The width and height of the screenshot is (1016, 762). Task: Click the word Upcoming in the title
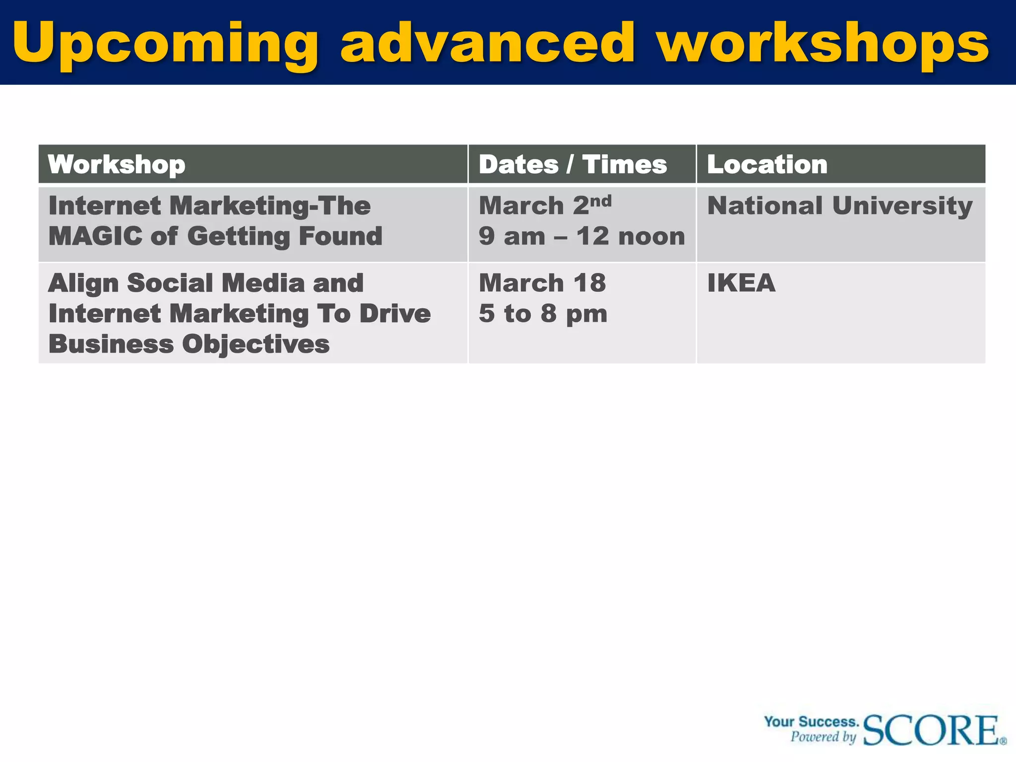(x=165, y=44)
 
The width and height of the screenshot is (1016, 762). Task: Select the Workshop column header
(x=117, y=165)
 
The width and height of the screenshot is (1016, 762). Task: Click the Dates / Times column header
(x=572, y=165)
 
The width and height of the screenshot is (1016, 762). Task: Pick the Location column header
(x=767, y=165)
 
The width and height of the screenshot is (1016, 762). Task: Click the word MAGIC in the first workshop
(x=95, y=236)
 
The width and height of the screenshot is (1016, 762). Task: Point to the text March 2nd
(x=545, y=205)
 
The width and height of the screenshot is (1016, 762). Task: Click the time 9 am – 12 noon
(x=581, y=236)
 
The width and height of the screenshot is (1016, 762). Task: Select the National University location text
(x=839, y=205)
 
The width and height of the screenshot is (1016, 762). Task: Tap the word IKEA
(x=741, y=283)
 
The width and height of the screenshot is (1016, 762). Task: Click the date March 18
(x=542, y=283)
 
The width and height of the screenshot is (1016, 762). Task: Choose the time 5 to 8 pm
(x=543, y=314)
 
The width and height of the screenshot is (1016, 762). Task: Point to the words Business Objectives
(x=189, y=344)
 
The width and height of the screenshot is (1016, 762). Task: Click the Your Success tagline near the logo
(x=811, y=721)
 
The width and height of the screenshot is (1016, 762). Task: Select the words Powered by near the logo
(x=824, y=737)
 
